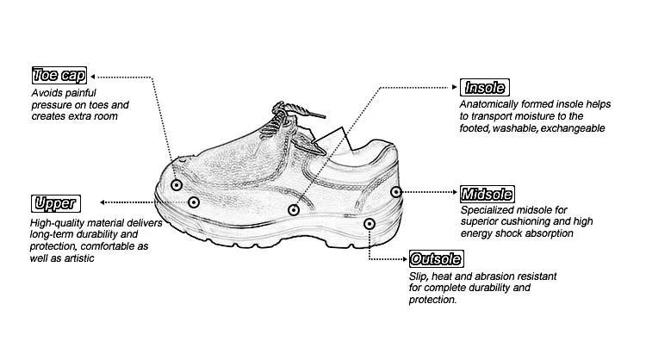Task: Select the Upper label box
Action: pos(55,204)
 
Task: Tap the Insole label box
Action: pos(486,87)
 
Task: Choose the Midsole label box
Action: pos(488,193)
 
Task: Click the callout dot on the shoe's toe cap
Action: pos(176,184)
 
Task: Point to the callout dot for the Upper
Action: pos(194,203)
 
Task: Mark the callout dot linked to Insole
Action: pos(294,209)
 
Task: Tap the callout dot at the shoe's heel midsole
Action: pos(395,192)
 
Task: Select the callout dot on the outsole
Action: pos(369,224)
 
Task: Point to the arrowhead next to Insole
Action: pos(457,87)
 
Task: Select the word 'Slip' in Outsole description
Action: pos(419,276)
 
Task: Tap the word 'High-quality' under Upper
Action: pos(59,222)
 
